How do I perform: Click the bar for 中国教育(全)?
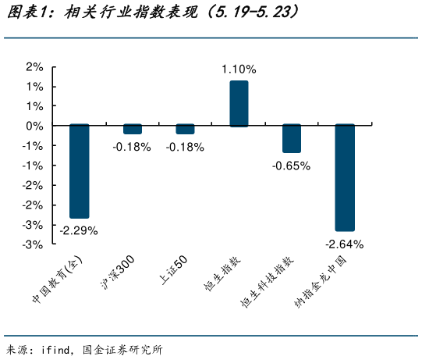click(x=79, y=171)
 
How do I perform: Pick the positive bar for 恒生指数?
click(x=238, y=103)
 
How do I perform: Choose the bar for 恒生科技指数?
click(x=291, y=138)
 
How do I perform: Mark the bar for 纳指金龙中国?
click(x=344, y=177)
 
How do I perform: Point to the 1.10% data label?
click(x=239, y=70)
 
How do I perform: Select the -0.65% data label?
click(x=291, y=166)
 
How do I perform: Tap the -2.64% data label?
click(x=344, y=244)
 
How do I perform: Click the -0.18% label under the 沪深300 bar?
click(x=132, y=147)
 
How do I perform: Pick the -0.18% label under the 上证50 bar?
click(x=185, y=147)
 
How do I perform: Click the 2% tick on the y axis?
click(x=34, y=66)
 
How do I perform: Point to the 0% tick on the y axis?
click(x=34, y=126)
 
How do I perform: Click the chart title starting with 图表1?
click(x=153, y=13)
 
